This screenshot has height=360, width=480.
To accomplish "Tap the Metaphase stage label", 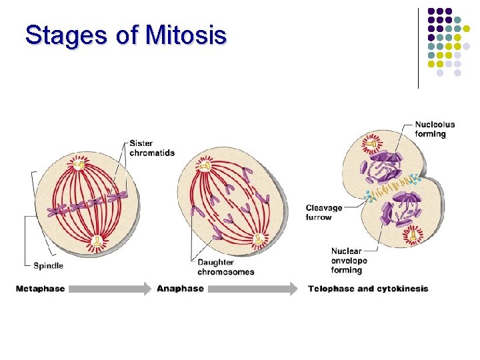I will click(40, 289).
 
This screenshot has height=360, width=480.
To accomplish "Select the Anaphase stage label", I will click(180, 289).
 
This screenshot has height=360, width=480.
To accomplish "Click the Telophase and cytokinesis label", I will click(368, 289).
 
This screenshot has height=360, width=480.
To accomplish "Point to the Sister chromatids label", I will click(152, 148).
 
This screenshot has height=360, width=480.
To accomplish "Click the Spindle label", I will click(48, 265).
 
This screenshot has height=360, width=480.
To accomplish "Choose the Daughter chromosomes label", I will click(225, 267).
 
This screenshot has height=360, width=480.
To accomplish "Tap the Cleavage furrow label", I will click(324, 213).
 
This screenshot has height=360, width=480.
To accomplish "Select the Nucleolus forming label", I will click(435, 129).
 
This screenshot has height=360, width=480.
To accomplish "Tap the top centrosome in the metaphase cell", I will click(79, 163).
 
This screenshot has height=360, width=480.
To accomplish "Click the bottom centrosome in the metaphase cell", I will click(98, 241).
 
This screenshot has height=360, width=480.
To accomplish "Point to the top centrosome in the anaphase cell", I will click(205, 165).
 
